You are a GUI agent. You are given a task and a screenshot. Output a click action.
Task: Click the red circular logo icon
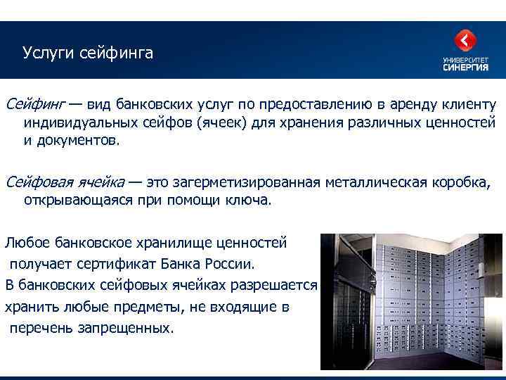tap(465, 42)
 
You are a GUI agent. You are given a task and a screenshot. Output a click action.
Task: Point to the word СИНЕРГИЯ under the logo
tap(465, 68)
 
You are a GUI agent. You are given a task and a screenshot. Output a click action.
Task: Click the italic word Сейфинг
tap(34, 105)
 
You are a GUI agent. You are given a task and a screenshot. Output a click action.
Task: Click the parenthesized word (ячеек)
tap(222, 122)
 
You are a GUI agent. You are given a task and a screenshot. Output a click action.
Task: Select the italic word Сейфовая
tap(35, 182)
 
